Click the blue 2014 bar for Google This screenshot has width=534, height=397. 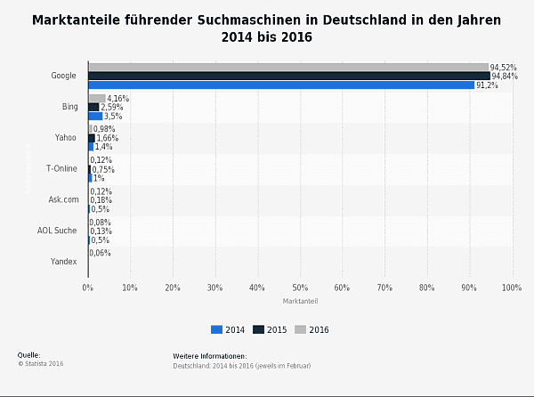280,85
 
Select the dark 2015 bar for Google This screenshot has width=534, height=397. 288,76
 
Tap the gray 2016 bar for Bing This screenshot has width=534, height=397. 96,98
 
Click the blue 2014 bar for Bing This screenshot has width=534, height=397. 94,116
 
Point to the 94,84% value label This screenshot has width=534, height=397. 505,77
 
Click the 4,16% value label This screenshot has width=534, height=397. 118,98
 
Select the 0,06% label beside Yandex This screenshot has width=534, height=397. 100,253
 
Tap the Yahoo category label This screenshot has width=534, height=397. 66,138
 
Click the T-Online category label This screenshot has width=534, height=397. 61,168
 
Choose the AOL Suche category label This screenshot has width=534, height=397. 58,231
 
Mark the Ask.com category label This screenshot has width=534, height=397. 63,199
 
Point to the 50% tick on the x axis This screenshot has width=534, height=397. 300,288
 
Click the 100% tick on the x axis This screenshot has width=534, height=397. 511,288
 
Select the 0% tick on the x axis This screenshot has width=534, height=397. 87,288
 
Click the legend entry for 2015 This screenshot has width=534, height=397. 271,329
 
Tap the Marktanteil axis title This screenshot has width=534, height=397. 300,301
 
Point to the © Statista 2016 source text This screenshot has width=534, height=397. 40,363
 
